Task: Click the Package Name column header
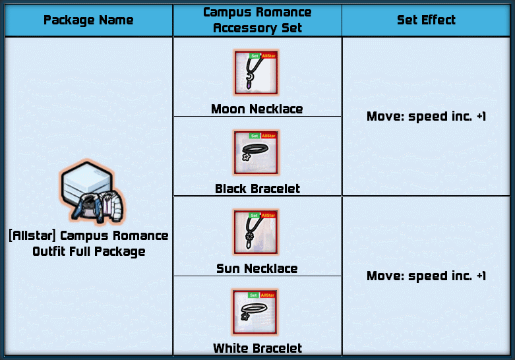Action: coord(88,20)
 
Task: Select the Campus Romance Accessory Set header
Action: coord(257,20)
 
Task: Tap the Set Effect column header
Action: coord(426,20)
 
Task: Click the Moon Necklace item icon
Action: coord(257,73)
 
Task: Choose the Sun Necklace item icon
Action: coord(257,233)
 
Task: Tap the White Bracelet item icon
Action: coord(257,313)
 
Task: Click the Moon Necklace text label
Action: coord(257,109)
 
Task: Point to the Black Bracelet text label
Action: coord(257,189)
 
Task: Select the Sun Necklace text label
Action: coord(257,269)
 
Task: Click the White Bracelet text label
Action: coord(257,348)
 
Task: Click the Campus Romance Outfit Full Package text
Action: coord(88,243)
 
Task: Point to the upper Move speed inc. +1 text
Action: coord(426,117)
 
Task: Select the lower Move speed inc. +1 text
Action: coord(426,276)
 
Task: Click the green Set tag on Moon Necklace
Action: coord(255,56)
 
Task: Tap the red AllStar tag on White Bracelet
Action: coord(268,295)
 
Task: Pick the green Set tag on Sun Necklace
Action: coord(255,216)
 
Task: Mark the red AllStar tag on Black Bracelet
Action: coord(268,136)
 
